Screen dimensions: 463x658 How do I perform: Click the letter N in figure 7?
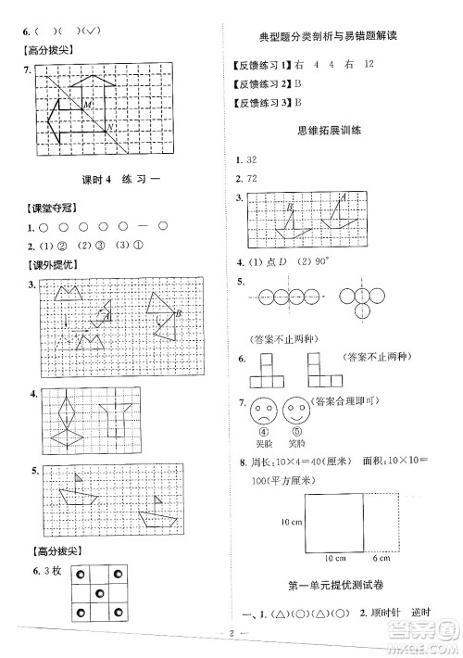(109, 126)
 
